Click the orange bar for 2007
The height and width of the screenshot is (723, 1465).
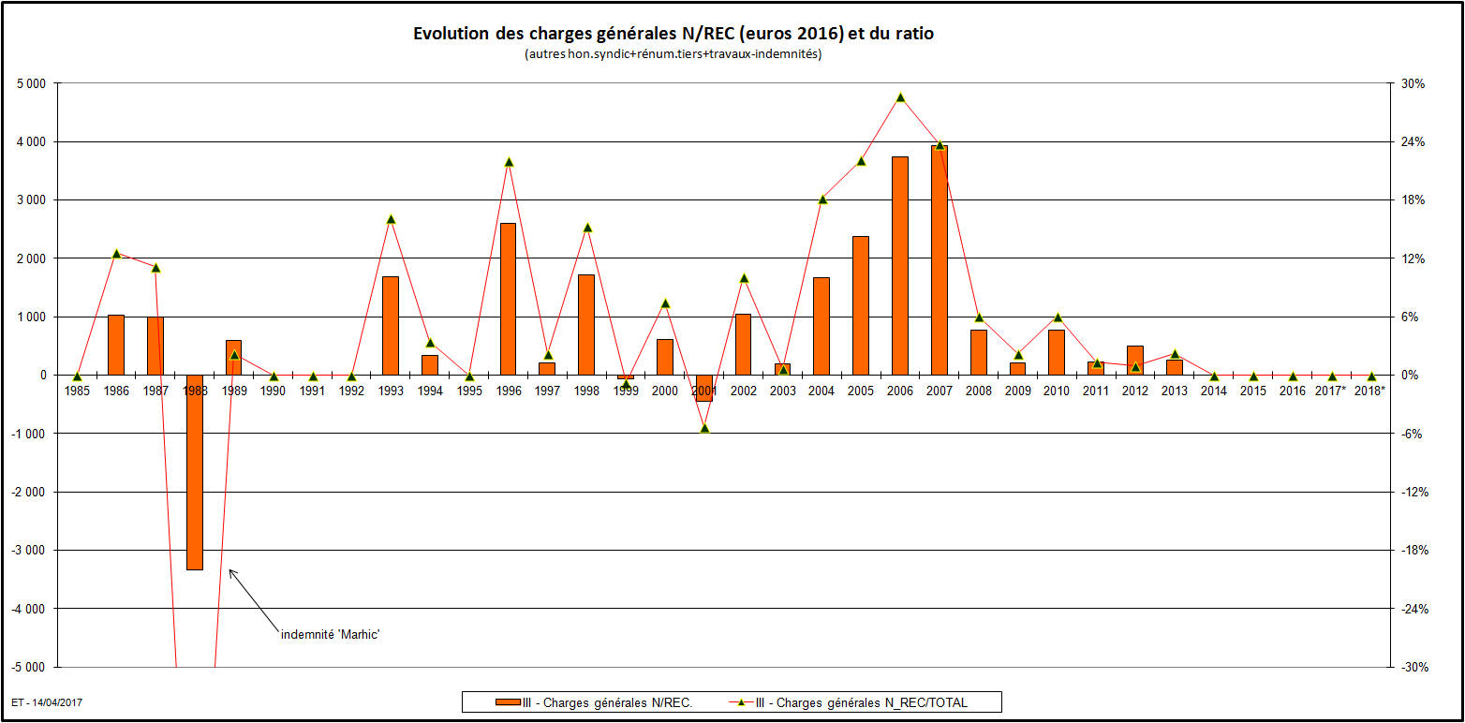[940, 260]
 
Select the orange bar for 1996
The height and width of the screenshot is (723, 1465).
[508, 299]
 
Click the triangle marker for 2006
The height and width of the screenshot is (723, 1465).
[900, 97]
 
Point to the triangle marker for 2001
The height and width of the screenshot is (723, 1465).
[704, 428]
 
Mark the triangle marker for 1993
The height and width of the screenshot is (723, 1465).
[391, 219]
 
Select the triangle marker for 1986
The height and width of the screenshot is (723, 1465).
[116, 253]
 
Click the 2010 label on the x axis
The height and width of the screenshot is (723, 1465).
[1057, 391]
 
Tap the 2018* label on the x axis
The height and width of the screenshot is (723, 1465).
[1369, 391]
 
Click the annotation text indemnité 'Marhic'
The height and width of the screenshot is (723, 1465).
[331, 634]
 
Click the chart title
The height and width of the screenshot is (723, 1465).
[673, 34]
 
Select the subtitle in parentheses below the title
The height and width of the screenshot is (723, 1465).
[673, 54]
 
